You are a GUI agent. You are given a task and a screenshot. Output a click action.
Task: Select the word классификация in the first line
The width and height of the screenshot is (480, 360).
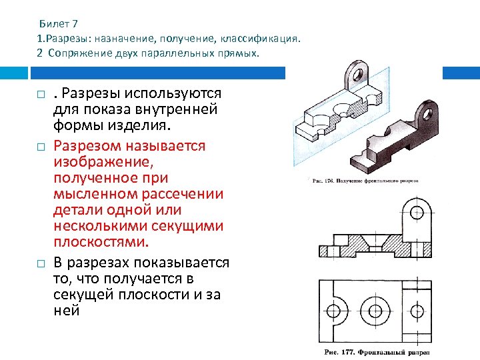[258, 39]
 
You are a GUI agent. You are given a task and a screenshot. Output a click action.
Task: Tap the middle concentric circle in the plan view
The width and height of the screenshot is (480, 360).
[375, 310]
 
